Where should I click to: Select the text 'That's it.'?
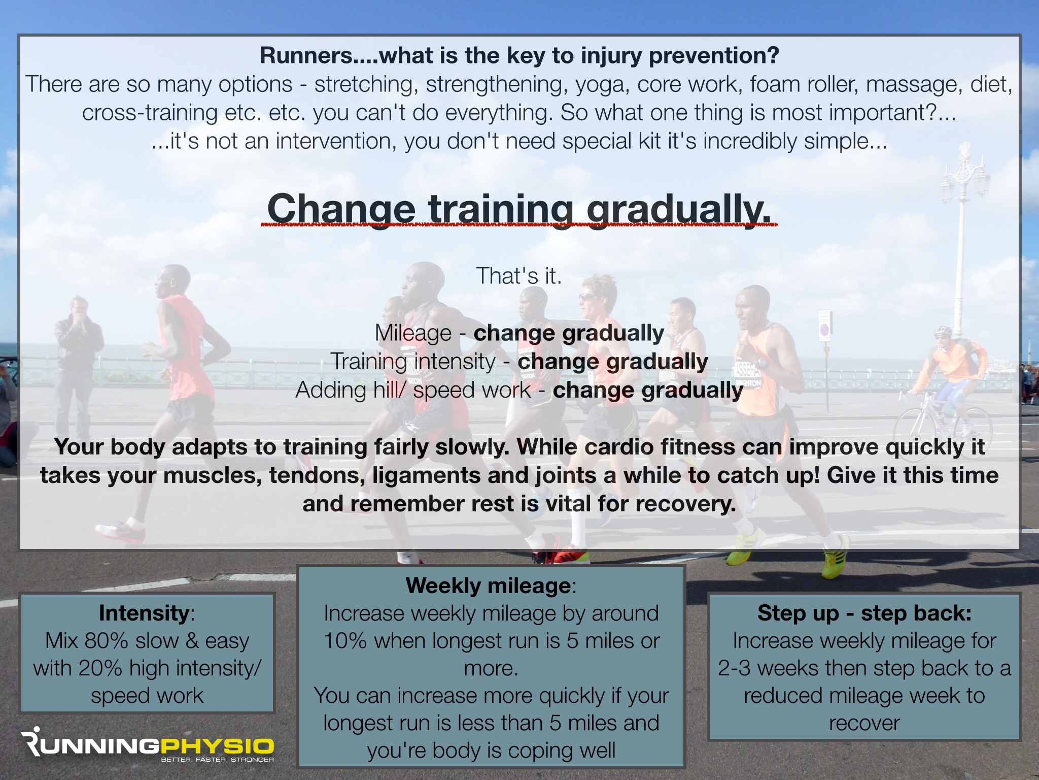pyautogui.click(x=518, y=276)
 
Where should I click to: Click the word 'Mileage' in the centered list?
pyautogui.click(x=413, y=333)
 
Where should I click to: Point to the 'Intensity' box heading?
pyautogui.click(x=144, y=613)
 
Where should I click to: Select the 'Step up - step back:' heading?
pyautogui.click(x=864, y=613)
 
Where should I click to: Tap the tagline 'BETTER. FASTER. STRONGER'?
pyautogui.click(x=217, y=760)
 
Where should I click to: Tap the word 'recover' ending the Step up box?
pyautogui.click(x=864, y=723)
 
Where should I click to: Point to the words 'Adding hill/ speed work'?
pyautogui.click(x=413, y=390)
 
